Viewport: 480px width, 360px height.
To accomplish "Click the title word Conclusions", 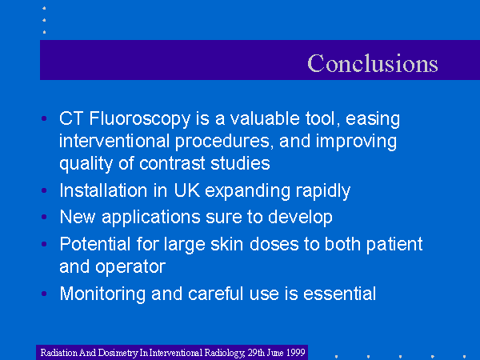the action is tap(373, 63).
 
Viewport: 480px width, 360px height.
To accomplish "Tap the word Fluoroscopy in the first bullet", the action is tap(139, 119).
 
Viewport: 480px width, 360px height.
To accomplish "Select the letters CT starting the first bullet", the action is tap(71, 118).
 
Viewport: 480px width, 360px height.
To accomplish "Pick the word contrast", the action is tap(172, 163).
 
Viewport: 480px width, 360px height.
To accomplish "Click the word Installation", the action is tap(103, 190).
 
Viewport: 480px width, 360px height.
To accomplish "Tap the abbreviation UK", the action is tap(186, 190).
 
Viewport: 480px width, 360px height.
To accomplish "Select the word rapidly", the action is tap(323, 191).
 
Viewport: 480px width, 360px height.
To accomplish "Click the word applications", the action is tap(150, 218).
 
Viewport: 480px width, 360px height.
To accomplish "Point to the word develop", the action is tap(300, 218).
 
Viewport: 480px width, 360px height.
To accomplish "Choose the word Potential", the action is tap(95, 244).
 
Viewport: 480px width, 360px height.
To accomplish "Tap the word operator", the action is tap(130, 267).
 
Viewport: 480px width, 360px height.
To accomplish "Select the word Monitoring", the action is tap(102, 294).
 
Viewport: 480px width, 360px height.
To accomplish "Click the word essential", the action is tap(339, 294).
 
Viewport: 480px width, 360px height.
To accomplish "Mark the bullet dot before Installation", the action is tap(44, 190).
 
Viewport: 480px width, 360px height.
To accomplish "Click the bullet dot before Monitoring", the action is tap(44, 294).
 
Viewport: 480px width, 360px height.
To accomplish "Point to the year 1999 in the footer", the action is tap(295, 352).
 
